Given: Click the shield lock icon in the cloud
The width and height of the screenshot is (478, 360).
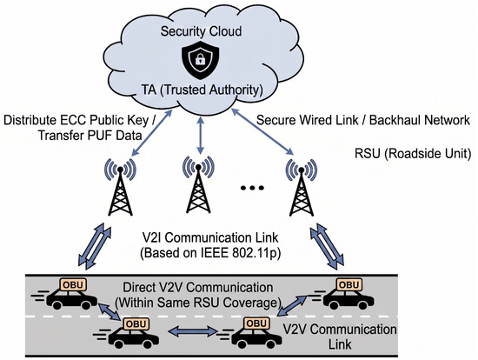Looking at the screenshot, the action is pos(200,59).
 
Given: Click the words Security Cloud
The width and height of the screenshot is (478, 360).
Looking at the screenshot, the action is pos(202,31).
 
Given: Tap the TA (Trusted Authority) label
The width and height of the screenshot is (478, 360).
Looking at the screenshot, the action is pos(202,90).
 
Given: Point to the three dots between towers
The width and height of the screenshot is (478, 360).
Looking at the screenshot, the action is pos(252,188).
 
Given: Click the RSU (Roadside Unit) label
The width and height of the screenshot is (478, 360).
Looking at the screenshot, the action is pos(413,153).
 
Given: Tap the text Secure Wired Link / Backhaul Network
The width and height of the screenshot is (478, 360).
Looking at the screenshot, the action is pos(363,120).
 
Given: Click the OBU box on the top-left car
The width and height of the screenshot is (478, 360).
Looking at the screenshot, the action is pos(74,285).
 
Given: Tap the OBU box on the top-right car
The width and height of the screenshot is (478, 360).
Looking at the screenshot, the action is pos(349,285).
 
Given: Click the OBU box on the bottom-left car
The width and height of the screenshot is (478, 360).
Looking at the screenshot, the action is pos(136,323).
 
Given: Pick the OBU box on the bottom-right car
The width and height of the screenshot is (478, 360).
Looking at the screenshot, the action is pos(256,323).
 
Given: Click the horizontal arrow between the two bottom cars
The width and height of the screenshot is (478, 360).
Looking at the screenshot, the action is pos(192,331).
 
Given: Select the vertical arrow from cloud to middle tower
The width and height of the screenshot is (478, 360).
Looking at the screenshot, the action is pos(200,135).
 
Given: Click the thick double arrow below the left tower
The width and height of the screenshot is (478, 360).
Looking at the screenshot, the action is pos(95,246).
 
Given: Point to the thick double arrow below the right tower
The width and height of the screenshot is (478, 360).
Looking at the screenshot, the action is pos(327,246).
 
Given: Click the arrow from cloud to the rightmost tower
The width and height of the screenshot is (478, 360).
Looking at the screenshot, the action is pos(262,131).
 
